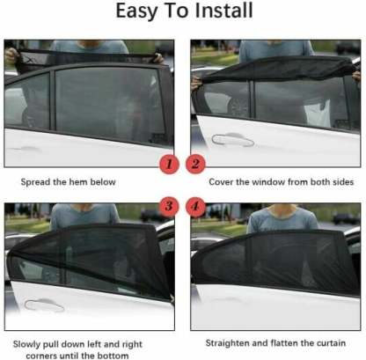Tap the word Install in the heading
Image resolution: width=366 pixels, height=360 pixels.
click(x=221, y=13)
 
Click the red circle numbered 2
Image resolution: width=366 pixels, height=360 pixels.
click(x=196, y=164)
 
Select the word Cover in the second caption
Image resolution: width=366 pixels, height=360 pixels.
click(x=220, y=182)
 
